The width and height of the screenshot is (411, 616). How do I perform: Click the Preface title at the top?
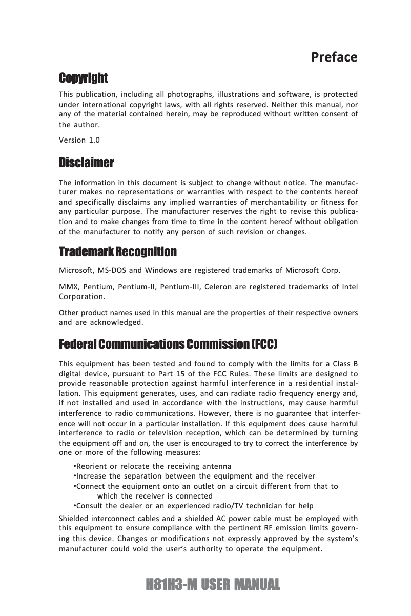334,57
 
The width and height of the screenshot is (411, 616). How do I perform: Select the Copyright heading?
84,78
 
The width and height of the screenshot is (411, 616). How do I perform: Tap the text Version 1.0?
79,141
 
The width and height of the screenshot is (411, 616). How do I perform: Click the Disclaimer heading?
87,164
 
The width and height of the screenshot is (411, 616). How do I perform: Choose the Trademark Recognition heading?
118,252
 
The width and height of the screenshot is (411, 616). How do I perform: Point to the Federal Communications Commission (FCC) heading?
169,343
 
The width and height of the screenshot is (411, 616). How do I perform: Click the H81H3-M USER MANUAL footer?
213,585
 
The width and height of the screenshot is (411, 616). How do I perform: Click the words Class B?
344,364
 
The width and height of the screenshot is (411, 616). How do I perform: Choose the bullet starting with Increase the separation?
194,476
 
